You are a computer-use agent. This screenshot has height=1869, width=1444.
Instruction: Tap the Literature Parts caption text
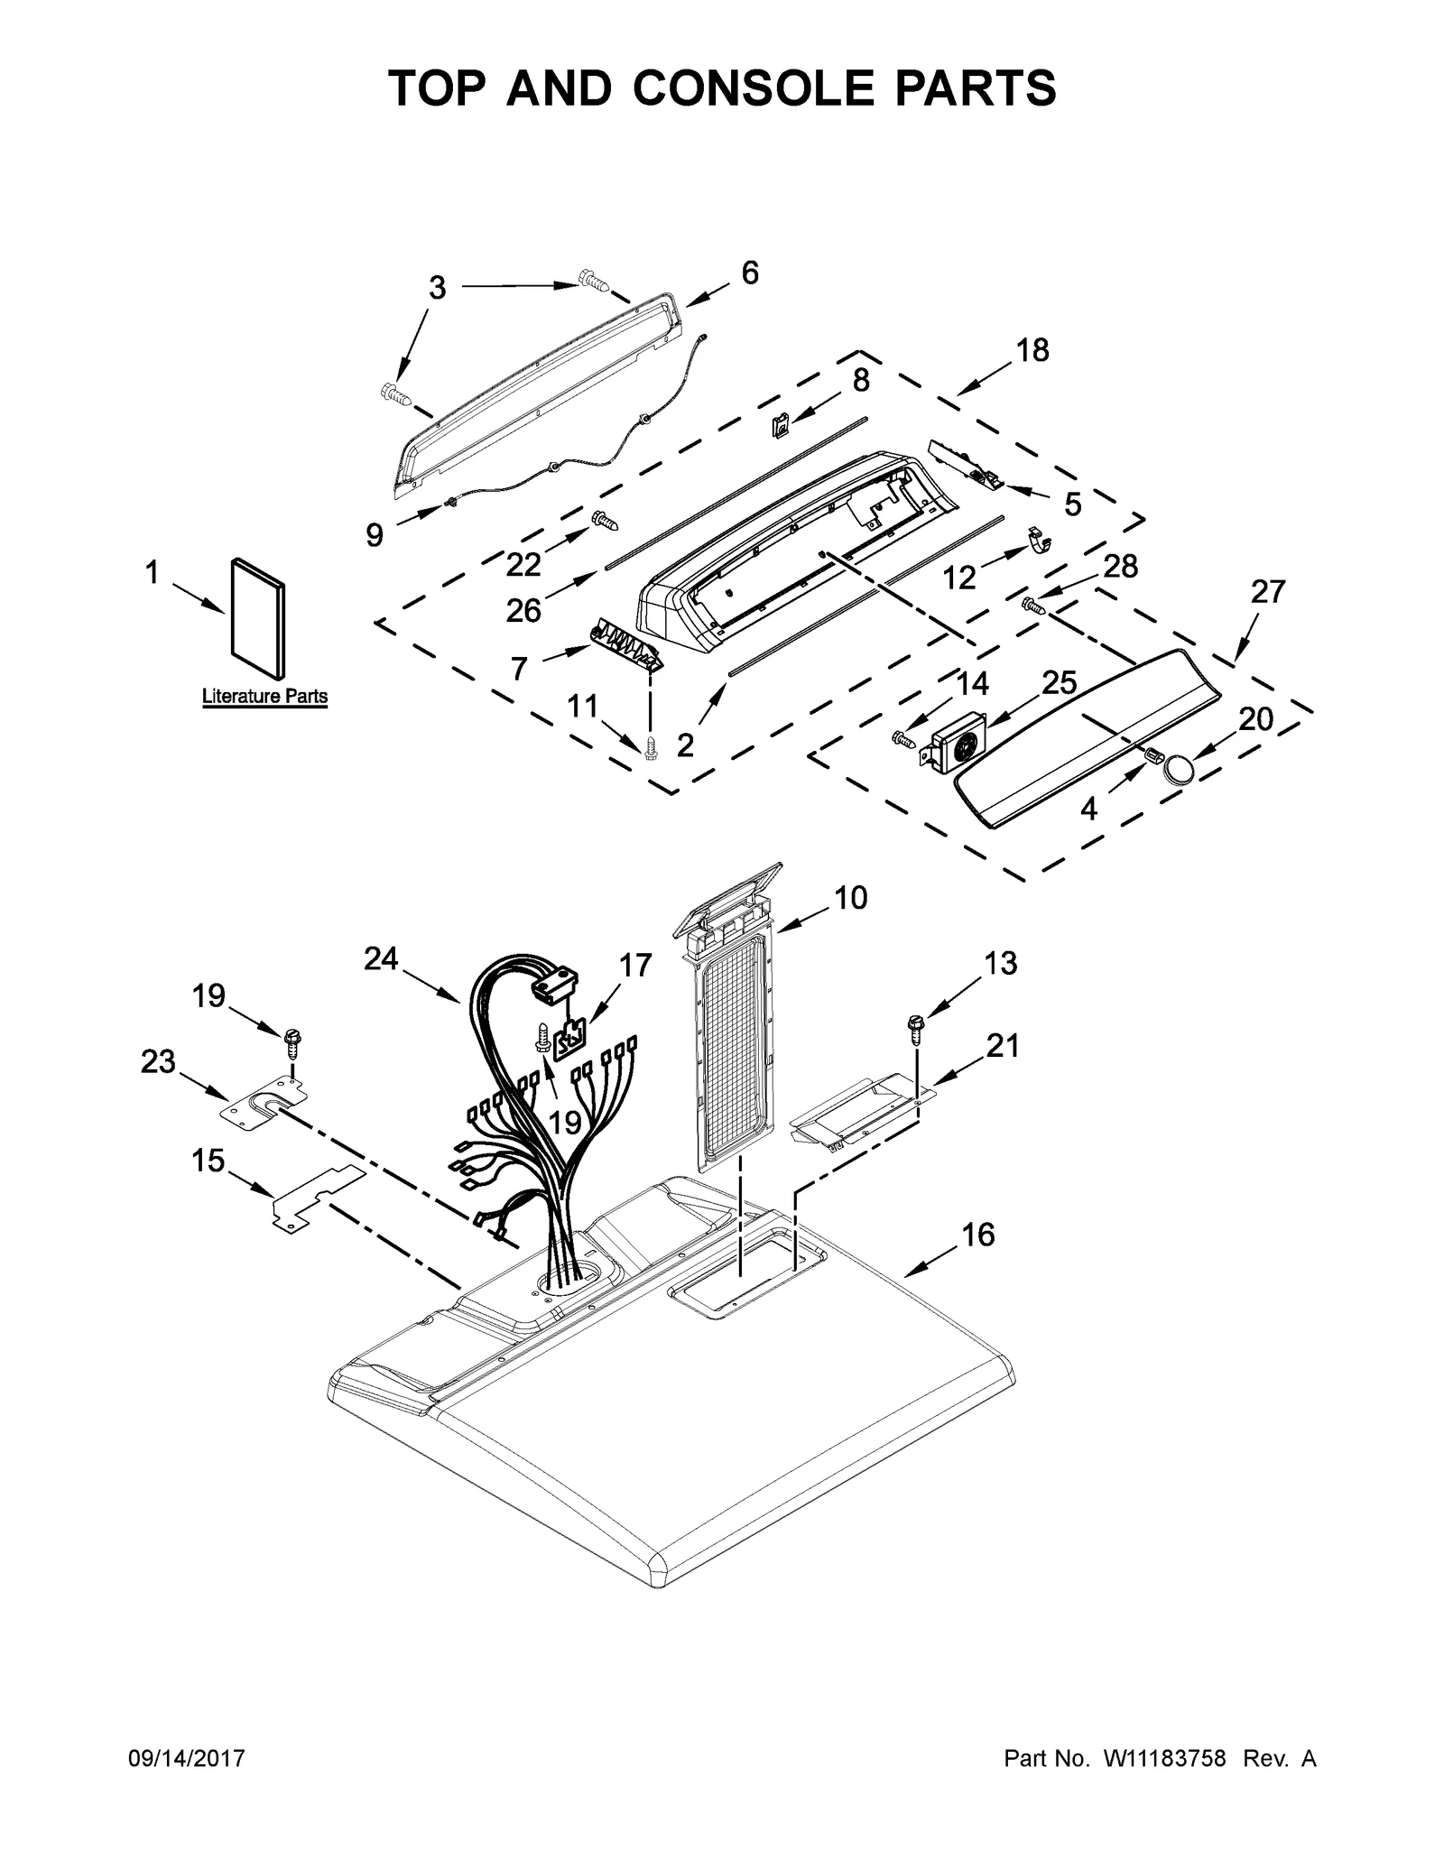264,697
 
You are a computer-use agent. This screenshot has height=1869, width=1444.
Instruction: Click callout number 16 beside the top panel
979,1234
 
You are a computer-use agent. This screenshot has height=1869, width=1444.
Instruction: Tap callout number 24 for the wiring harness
381,958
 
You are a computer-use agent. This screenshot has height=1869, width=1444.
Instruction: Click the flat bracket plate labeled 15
316,1197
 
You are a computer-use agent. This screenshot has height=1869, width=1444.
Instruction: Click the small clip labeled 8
782,424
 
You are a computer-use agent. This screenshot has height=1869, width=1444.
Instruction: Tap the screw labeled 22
602,521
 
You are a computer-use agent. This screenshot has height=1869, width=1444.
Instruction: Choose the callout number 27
1268,593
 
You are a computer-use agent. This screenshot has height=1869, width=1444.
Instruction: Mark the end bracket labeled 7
625,644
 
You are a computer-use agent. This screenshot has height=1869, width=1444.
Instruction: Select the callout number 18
1032,350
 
